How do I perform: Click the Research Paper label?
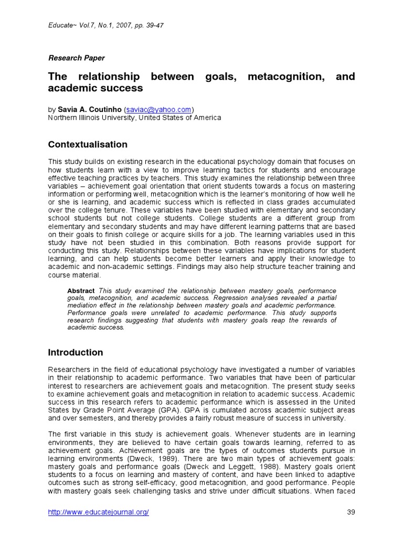76,58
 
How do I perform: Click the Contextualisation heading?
88,144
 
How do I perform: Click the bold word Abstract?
81,291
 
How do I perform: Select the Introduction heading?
76,353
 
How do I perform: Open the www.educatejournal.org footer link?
99,513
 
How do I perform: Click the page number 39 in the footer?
352,513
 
